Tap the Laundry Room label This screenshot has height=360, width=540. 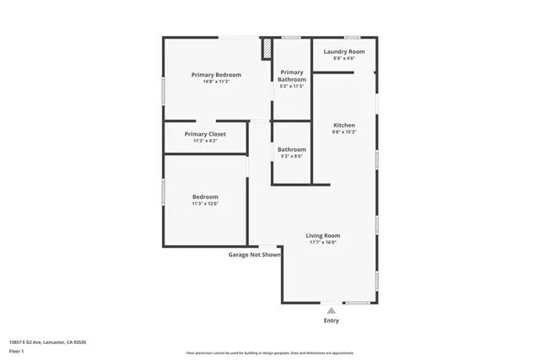[x=344, y=51]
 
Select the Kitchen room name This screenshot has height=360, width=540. [x=344, y=125]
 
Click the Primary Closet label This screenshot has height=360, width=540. [x=205, y=134]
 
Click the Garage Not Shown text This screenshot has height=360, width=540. [x=255, y=254]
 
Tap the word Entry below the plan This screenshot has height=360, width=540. [x=332, y=320]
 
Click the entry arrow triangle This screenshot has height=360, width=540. [x=332, y=310]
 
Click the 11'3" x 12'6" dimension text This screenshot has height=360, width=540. [x=205, y=203]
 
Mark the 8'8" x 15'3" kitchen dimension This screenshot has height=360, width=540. [x=344, y=132]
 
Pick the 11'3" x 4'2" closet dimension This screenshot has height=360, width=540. [x=205, y=141]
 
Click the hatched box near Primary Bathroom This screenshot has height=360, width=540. [x=267, y=48]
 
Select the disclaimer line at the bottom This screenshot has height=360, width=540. [x=270, y=353]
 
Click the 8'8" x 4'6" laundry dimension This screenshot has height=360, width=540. [x=344, y=58]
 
